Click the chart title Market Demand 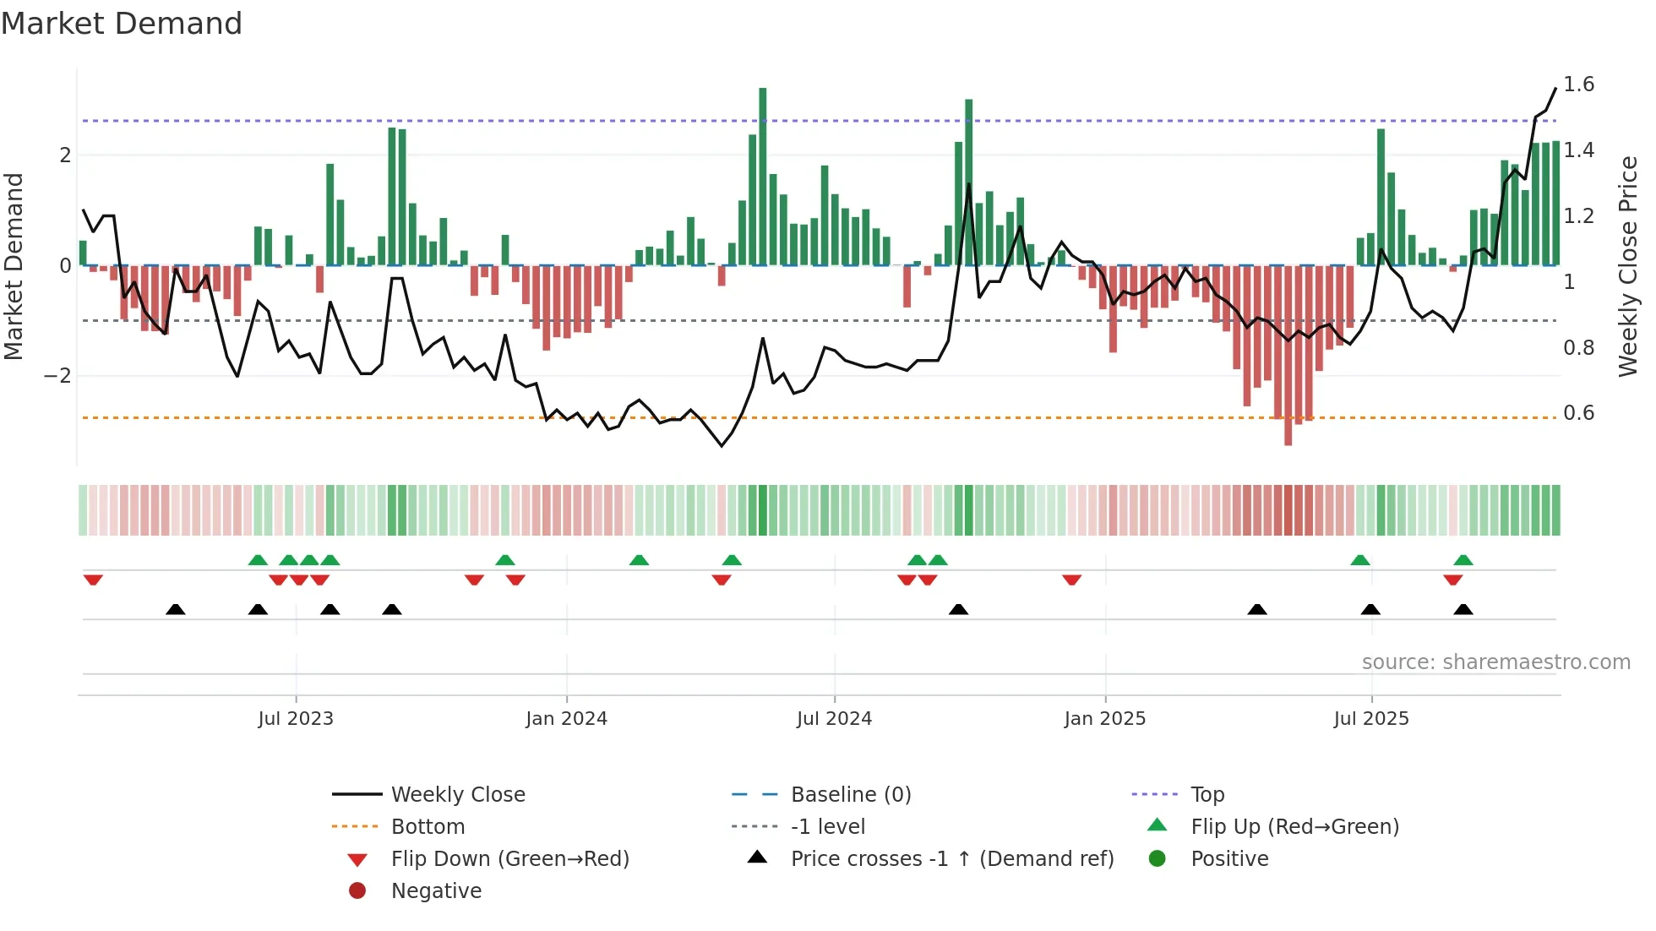tap(122, 24)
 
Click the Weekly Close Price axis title tap(1627, 266)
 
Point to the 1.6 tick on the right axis tap(1578, 84)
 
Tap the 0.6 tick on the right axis tap(1578, 413)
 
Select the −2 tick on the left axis tap(58, 376)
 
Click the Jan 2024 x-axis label tap(566, 719)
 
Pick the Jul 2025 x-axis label tap(1371, 719)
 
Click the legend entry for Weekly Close tap(457, 795)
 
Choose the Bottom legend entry tap(428, 827)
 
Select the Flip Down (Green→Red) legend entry tap(509, 859)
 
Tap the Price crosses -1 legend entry tap(951, 859)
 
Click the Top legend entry tap(1207, 795)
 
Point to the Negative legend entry tap(436, 891)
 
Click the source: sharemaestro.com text tap(1495, 662)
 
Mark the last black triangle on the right tap(1463, 609)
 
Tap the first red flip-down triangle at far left tap(93, 580)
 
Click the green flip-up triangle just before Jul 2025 tap(1360, 560)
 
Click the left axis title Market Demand tap(14, 266)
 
